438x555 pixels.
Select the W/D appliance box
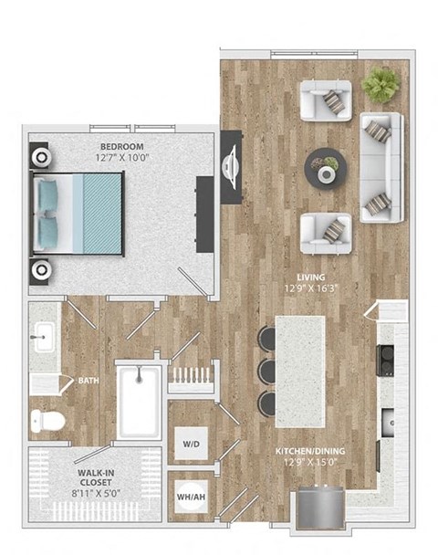[191, 445]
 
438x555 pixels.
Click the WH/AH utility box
[190, 497]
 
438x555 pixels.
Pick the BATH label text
[89, 381]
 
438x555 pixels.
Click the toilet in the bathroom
[47, 421]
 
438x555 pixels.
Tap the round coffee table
[325, 168]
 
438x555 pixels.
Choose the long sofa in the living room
[381, 167]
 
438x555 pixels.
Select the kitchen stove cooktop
[387, 361]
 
